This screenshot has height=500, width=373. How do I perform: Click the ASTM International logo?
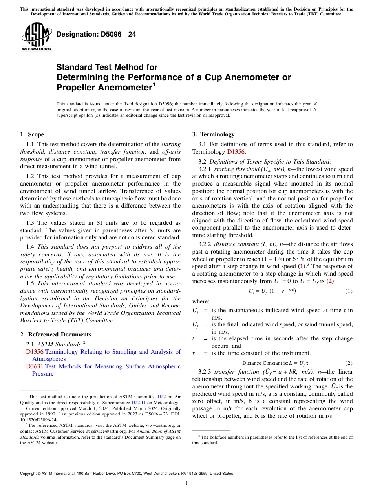tap(37, 37)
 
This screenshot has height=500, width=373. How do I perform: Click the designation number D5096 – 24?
tap(96, 34)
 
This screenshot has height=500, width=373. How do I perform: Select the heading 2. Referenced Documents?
tap(56, 335)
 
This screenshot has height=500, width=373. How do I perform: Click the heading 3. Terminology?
tap(213, 134)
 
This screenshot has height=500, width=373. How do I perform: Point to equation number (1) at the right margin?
tap(349, 291)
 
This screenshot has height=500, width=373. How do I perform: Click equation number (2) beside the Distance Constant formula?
tap(349, 363)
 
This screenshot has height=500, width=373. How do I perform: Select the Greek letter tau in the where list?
tap(194, 353)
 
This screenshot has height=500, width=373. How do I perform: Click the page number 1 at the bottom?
tap(186, 483)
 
